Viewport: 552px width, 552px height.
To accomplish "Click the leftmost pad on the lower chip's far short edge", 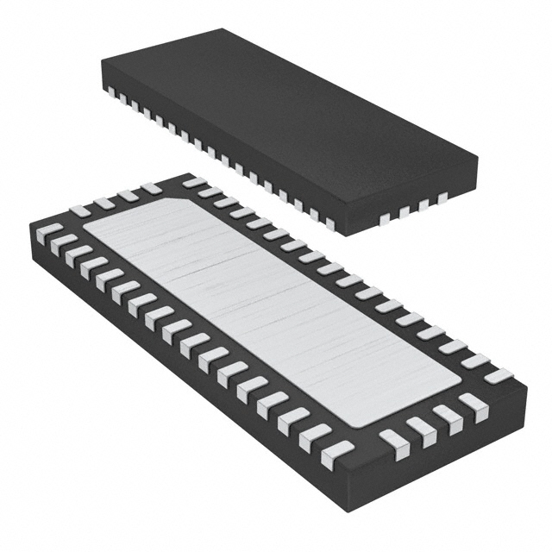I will click(x=80, y=210).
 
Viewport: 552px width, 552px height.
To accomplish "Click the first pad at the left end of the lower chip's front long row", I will click(x=50, y=230).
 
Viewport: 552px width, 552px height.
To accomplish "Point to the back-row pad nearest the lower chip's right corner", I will click(x=498, y=375).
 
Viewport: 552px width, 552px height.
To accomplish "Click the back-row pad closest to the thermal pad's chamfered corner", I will click(x=195, y=183).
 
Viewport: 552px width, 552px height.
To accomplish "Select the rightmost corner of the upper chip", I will click(x=478, y=158).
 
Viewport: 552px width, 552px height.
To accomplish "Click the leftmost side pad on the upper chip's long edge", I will click(x=110, y=94).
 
